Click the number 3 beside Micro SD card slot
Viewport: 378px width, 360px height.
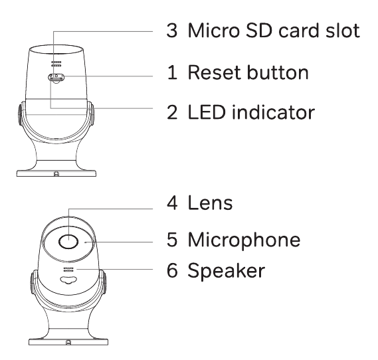click(172, 31)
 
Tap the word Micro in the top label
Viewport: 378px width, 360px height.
click(214, 31)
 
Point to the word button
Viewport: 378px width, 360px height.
click(278, 72)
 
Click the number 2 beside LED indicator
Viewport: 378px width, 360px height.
click(172, 112)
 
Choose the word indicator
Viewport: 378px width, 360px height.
click(274, 112)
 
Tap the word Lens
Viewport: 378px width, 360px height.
click(210, 203)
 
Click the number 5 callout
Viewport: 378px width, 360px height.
click(172, 240)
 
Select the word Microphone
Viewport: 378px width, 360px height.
click(244, 240)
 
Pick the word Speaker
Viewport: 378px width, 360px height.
click(226, 270)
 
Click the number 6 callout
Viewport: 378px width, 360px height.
click(172, 270)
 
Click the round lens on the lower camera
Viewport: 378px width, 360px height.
click(68, 242)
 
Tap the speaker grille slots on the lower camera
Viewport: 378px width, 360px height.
click(68, 270)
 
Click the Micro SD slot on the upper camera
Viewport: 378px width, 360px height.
click(56, 78)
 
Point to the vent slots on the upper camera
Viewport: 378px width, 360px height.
click(56, 64)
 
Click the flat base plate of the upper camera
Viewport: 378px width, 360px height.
click(56, 173)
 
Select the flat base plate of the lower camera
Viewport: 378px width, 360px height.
click(68, 341)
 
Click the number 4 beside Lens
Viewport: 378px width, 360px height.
click(172, 203)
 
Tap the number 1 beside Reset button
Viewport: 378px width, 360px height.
click(173, 72)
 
